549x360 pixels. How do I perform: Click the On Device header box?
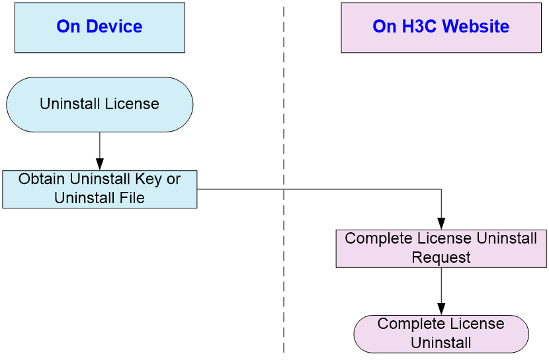pyautogui.click(x=100, y=28)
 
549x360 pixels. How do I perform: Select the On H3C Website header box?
pyautogui.click(x=441, y=28)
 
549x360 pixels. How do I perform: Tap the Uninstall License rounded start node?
pyautogui.click(x=100, y=105)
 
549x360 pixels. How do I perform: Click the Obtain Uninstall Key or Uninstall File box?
pyautogui.click(x=100, y=189)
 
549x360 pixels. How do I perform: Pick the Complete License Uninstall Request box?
pyautogui.click(x=441, y=249)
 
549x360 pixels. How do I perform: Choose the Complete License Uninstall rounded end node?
pyautogui.click(x=441, y=334)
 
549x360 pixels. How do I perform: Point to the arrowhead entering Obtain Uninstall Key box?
pyautogui.click(x=100, y=165)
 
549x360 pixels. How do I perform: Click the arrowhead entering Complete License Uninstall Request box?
pyautogui.click(x=441, y=224)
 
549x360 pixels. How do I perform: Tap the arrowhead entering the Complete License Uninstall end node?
pyautogui.click(x=441, y=309)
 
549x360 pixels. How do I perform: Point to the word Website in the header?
pyautogui.click(x=476, y=26)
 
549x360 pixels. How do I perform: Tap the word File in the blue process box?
pyautogui.click(x=132, y=198)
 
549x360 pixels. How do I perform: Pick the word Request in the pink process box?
pyautogui.click(x=441, y=257)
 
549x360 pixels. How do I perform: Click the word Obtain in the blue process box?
pyautogui.click(x=42, y=179)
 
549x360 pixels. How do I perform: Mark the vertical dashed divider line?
pyautogui.click(x=284, y=179)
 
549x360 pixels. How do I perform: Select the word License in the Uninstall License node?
pyautogui.click(x=132, y=104)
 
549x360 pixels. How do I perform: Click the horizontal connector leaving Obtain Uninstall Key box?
pyautogui.click(x=319, y=189)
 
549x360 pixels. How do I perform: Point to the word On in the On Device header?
pyautogui.click(x=68, y=26)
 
